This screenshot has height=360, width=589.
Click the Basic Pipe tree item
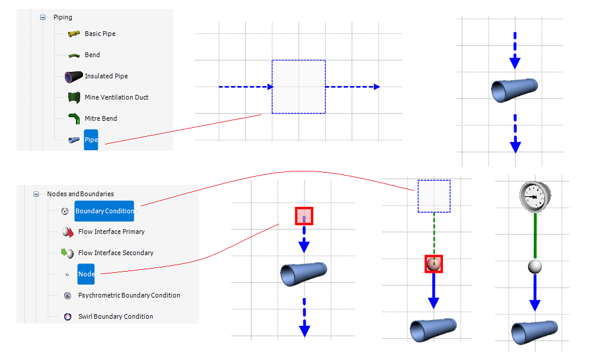[x=100, y=34]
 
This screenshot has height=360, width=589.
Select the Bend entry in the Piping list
[x=92, y=55]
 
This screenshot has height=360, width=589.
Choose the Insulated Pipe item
[x=106, y=76]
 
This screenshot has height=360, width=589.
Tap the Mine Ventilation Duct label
[x=116, y=97]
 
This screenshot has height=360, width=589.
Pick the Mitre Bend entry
[x=101, y=118]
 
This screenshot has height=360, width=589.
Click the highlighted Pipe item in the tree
[x=91, y=140]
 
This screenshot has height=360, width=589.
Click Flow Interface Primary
[x=111, y=232]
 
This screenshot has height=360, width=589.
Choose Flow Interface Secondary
[x=115, y=253]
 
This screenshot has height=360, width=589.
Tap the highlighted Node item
[x=86, y=274]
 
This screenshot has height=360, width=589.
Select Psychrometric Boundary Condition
[x=129, y=295]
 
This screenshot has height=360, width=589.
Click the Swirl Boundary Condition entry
[x=115, y=316]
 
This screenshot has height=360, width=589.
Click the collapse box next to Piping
[x=42, y=17]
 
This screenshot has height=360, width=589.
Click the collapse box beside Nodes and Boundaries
[x=36, y=194]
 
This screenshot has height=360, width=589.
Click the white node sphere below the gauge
[x=534, y=267]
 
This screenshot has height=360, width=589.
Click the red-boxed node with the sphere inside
[x=434, y=264]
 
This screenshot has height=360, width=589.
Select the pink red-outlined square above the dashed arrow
[x=304, y=216]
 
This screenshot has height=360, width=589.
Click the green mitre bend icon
[x=74, y=118]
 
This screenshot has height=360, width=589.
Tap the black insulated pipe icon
[x=74, y=76]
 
